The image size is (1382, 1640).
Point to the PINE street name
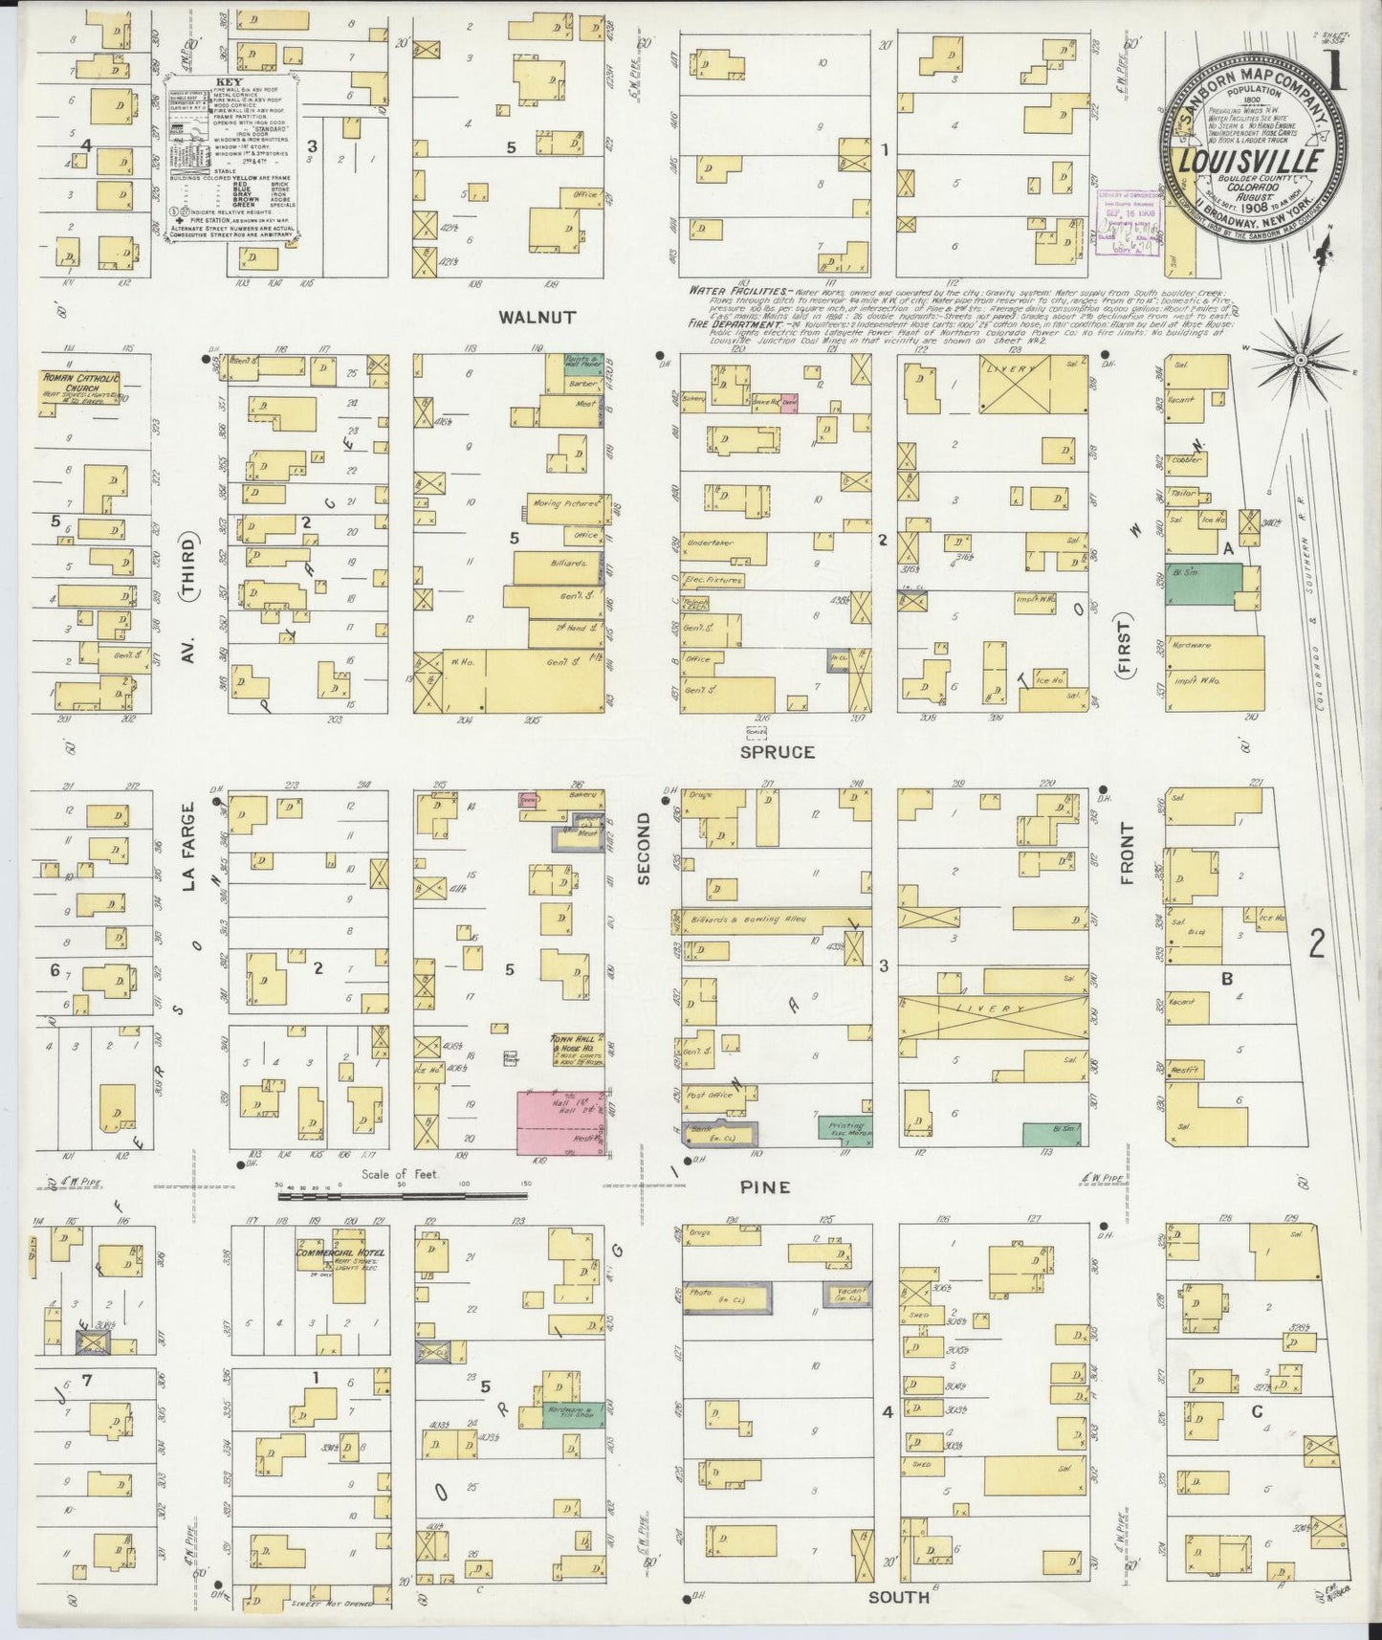coord(764,1187)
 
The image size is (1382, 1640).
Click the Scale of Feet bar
coord(402,1195)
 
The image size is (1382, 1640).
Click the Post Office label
coord(709,1094)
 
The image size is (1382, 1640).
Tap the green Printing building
coord(845,1127)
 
